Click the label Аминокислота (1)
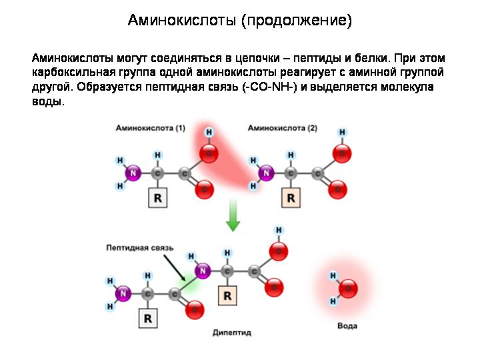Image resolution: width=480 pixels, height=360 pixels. pyautogui.click(x=151, y=128)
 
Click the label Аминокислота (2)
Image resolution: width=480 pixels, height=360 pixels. pyautogui.click(x=283, y=128)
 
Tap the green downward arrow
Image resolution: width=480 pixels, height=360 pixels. pyautogui.click(x=233, y=215)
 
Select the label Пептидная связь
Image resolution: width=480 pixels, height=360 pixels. pyautogui.click(x=140, y=247)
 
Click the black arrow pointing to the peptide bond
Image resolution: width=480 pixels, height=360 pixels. pyautogui.click(x=175, y=268)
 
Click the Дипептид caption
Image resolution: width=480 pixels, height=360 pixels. pyautogui.click(x=232, y=333)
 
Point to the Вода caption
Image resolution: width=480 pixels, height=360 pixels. pyautogui.click(x=347, y=326)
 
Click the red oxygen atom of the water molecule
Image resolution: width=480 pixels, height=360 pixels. pyautogui.click(x=349, y=289)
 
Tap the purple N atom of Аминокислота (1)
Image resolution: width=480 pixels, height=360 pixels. pyautogui.click(x=133, y=173)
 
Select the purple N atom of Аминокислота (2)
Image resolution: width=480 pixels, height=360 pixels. pyautogui.click(x=266, y=173)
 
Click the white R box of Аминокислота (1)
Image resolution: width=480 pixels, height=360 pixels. pyautogui.click(x=157, y=198)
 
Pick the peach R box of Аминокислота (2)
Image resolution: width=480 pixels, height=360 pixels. pyautogui.click(x=291, y=198)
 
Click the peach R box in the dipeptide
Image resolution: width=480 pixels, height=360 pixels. pyautogui.click(x=227, y=296)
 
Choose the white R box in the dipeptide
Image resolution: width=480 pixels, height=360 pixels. pyautogui.click(x=148, y=319)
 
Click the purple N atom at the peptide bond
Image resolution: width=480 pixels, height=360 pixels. pyautogui.click(x=203, y=271)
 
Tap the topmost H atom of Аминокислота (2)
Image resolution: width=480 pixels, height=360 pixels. pyautogui.click(x=342, y=132)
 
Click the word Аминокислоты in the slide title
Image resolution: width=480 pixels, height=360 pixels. pyautogui.click(x=182, y=20)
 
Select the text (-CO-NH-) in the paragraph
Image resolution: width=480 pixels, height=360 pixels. pyautogui.click(x=270, y=87)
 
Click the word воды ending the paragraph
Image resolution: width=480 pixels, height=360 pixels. pyautogui.click(x=48, y=101)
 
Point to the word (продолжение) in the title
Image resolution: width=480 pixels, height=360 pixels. pyautogui.click(x=297, y=21)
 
